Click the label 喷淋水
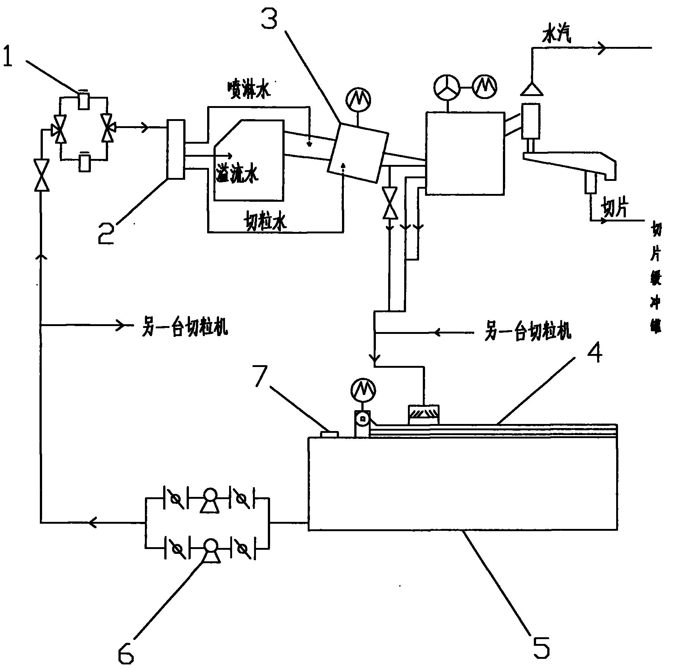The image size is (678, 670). pyautogui.click(x=249, y=89)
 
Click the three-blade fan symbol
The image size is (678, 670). pyautogui.click(x=447, y=88)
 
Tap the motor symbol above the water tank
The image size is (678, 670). pyautogui.click(x=363, y=390)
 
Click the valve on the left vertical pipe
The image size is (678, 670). pyautogui.click(x=42, y=175)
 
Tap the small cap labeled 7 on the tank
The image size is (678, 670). pyautogui.click(x=329, y=434)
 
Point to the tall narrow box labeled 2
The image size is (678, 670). pyautogui.click(x=176, y=149)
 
